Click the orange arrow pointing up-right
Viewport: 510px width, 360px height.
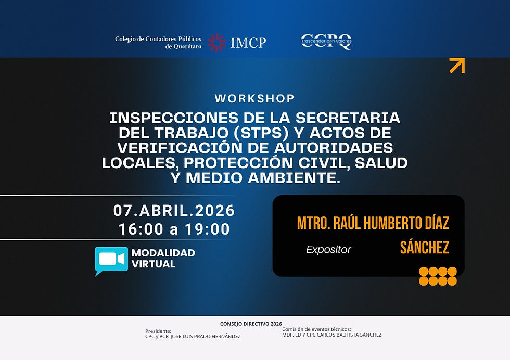click(456, 66)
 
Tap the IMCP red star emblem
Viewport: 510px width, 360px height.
click(216, 43)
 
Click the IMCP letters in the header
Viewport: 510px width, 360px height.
click(248, 43)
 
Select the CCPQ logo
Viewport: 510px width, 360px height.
click(326, 42)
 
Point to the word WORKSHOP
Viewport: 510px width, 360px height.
click(254, 98)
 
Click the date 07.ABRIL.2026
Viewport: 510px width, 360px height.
click(174, 211)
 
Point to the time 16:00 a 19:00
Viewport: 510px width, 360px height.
click(174, 229)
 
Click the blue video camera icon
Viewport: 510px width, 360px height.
click(111, 259)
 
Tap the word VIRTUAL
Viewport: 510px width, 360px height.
click(153, 264)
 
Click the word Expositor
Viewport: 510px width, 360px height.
click(328, 250)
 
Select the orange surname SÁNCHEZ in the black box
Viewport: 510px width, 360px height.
click(424, 248)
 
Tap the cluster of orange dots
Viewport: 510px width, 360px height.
click(438, 276)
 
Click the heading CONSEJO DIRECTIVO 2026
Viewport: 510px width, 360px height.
click(251, 324)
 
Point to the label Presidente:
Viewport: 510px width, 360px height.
click(158, 331)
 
